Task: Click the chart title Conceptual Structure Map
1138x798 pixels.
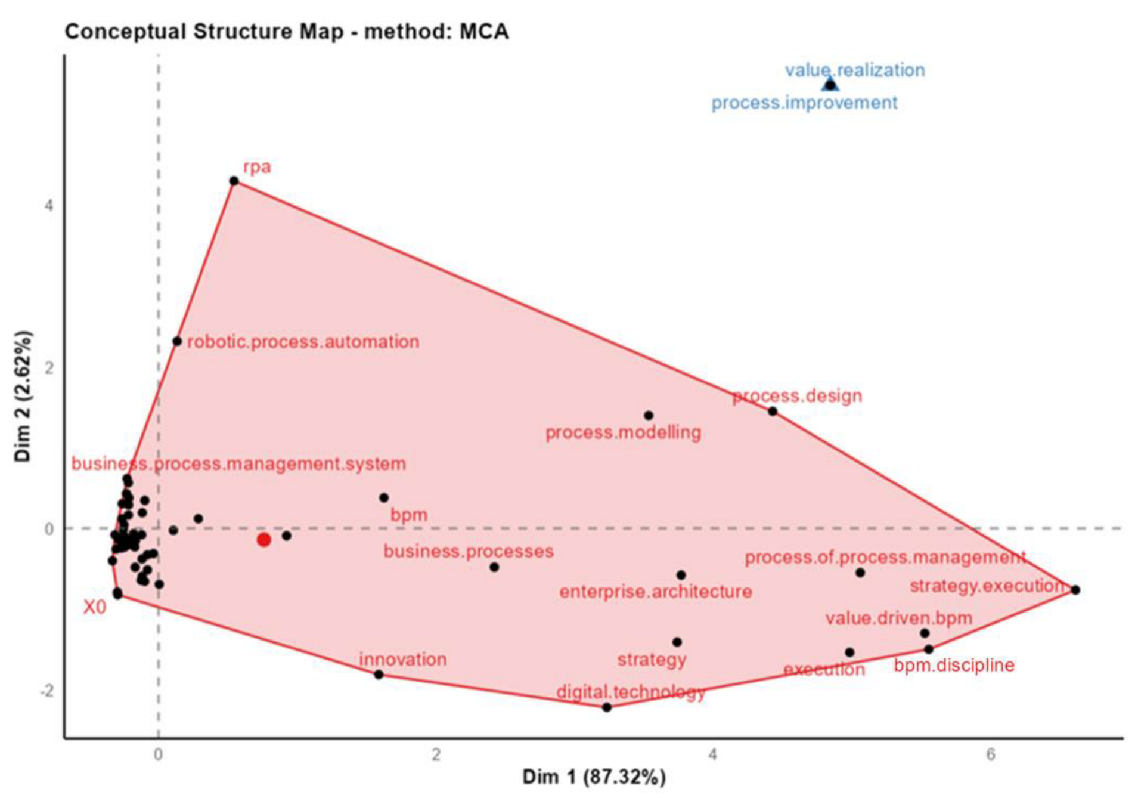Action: [286, 32]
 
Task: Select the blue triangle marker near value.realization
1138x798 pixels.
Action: [830, 84]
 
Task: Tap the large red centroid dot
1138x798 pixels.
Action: [263, 540]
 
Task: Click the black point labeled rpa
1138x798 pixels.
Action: [234, 181]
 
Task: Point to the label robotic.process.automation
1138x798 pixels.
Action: [303, 342]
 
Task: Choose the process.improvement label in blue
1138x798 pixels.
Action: [804, 103]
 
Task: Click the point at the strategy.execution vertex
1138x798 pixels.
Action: [1075, 590]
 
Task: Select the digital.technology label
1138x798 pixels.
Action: [631, 692]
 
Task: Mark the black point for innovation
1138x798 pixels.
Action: [379, 675]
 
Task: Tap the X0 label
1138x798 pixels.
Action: [95, 607]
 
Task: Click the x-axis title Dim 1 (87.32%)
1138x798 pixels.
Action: [594, 777]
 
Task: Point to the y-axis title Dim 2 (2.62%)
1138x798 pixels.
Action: [23, 396]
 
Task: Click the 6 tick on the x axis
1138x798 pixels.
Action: [990, 754]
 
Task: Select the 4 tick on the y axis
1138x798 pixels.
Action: [49, 206]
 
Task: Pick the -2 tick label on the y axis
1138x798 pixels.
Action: [46, 691]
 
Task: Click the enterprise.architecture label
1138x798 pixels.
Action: [655, 592]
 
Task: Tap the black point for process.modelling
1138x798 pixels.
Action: [649, 415]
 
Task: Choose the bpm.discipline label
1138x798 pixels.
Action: [954, 665]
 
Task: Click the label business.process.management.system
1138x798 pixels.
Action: [238, 463]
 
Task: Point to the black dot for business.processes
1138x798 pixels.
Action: [494, 567]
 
